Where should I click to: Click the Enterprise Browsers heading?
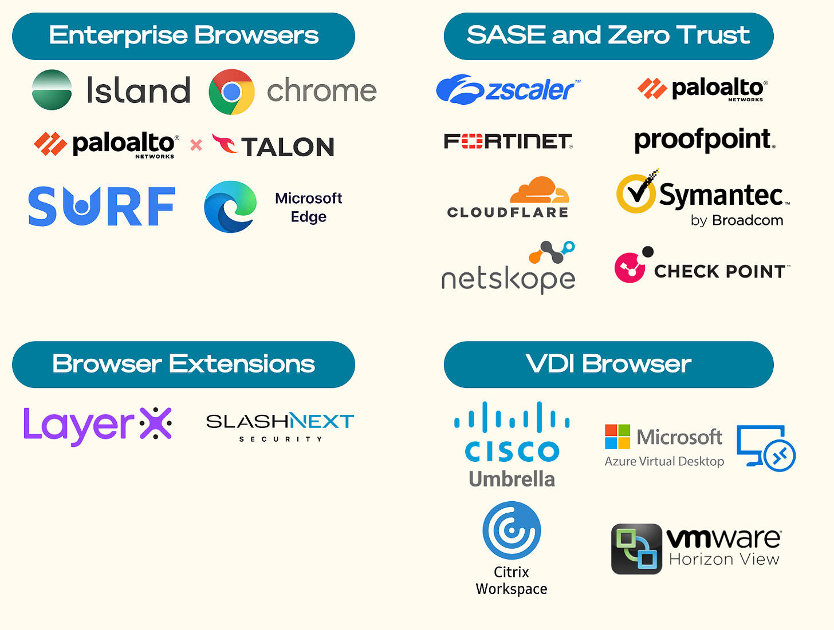(x=183, y=36)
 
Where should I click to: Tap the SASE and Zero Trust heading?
(x=608, y=36)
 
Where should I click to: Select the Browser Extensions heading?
(x=183, y=364)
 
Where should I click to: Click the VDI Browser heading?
(x=608, y=364)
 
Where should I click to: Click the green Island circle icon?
(x=52, y=90)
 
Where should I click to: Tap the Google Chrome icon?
(x=231, y=92)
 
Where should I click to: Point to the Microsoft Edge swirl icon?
(x=230, y=207)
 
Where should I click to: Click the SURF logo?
(x=101, y=207)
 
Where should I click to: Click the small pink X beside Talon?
(x=196, y=145)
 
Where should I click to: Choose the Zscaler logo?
(x=508, y=90)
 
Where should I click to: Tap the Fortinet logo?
(x=508, y=141)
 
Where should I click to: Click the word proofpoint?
(x=705, y=140)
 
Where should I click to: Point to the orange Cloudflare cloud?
(x=540, y=191)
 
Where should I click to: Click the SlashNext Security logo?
(x=280, y=426)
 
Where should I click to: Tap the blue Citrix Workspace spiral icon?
(x=512, y=530)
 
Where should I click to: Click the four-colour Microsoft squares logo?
(x=617, y=437)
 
